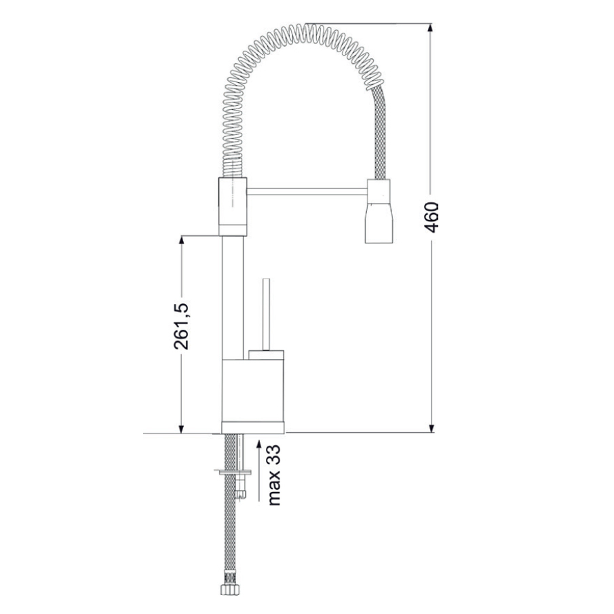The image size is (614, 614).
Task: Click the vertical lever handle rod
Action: (x=267, y=312)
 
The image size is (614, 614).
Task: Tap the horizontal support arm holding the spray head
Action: (x=305, y=191)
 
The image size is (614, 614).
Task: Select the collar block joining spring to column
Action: (x=231, y=202)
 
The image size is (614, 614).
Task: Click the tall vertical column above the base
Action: (x=233, y=299)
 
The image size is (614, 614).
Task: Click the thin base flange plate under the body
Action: (x=254, y=427)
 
